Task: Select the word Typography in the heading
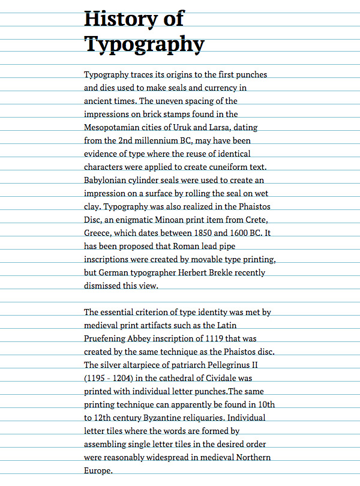coord(144,44)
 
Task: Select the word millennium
coord(164,140)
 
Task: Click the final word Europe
coord(98,470)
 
